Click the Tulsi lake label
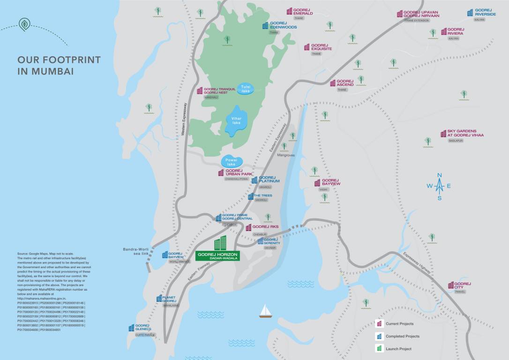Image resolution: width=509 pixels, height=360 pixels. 246,88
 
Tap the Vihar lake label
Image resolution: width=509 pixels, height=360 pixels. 237,120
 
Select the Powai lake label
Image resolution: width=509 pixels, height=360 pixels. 231,162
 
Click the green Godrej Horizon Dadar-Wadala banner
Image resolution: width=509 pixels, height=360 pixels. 218,256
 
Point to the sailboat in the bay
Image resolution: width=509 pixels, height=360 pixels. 266,311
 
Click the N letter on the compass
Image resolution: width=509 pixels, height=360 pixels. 440,175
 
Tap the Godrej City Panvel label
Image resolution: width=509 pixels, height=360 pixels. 462,285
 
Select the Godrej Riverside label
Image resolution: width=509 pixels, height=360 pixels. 485,12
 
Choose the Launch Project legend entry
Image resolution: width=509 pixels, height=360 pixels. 398,348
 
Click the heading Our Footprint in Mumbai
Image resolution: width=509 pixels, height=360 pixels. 59,66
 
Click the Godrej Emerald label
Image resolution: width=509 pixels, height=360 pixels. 303,12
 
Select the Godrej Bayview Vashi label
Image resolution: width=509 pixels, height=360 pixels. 330,182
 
